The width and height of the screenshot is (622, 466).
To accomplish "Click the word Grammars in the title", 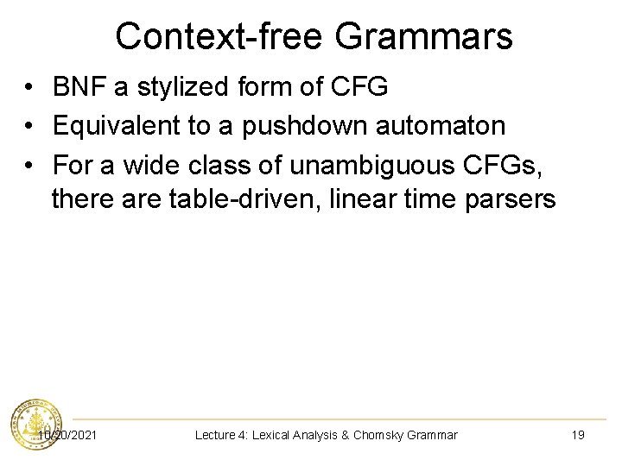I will click(423, 36).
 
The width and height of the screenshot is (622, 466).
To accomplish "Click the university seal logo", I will click(35, 425).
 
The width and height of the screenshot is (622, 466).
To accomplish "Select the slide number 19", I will click(578, 435).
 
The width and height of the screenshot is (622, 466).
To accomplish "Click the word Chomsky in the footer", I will click(384, 435).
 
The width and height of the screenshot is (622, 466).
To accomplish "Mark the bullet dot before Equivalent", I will click(30, 126).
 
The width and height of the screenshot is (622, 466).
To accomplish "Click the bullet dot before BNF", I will click(30, 87).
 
